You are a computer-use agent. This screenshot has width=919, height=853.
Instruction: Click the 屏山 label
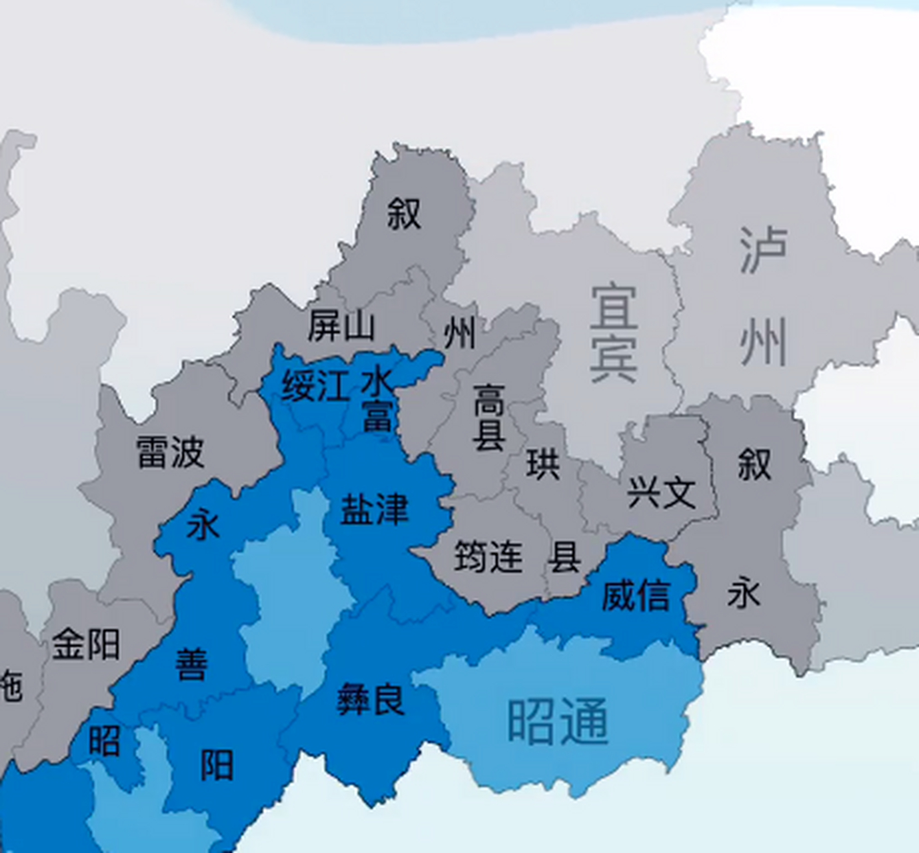(x=341, y=327)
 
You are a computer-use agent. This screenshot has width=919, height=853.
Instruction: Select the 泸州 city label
(x=764, y=296)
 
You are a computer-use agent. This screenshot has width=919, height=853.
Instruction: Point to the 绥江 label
(x=315, y=386)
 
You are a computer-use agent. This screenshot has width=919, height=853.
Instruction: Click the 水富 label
(x=377, y=400)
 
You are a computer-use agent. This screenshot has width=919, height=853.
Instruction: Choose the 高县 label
(x=489, y=417)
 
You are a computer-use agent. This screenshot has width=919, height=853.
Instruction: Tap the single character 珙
(x=542, y=463)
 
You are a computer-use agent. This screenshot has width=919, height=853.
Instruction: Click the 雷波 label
(x=170, y=452)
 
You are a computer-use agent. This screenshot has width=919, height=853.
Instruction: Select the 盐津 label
(x=374, y=510)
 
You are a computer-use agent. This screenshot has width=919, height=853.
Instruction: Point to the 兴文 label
(x=661, y=492)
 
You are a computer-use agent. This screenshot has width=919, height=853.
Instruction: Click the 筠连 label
(x=488, y=556)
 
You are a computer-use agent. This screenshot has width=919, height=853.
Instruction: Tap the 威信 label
(x=636, y=595)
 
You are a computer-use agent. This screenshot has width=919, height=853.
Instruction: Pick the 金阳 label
(x=86, y=644)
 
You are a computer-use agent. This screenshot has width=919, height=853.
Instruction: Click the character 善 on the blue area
(x=192, y=664)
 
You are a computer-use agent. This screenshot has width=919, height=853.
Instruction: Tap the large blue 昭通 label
(x=558, y=722)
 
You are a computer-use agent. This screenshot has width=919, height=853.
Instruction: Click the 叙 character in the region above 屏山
(x=404, y=214)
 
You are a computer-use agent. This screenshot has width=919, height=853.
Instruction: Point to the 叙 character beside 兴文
(x=754, y=464)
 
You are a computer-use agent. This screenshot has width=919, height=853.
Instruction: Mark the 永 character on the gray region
(x=744, y=592)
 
